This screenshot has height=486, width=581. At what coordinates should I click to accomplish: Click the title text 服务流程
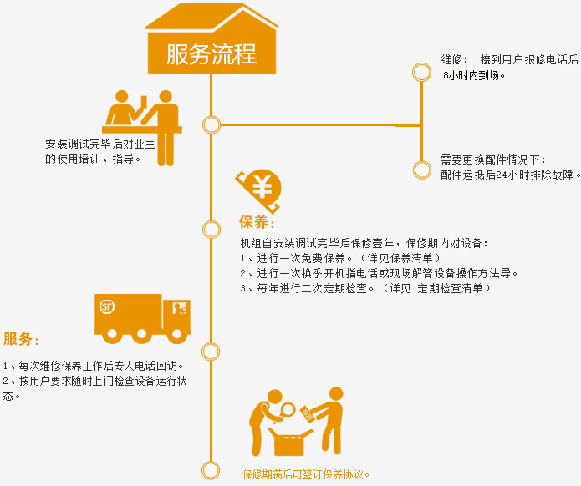tap(212, 53)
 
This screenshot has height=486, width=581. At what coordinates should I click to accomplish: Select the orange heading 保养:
tap(257, 223)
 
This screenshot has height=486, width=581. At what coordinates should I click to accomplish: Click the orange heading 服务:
tap(21, 340)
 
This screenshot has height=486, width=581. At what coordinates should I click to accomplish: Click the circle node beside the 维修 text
tap(422, 73)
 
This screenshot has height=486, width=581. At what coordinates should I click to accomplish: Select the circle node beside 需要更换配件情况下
tap(422, 170)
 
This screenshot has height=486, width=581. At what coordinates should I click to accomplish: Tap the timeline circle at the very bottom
tap(212, 469)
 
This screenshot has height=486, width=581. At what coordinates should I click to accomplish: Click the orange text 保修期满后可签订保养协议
tap(306, 474)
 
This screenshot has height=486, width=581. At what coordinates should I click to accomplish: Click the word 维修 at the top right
tap(452, 60)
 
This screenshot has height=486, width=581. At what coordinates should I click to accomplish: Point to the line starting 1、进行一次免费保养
tap(339, 258)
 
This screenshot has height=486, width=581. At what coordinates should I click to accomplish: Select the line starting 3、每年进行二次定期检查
tap(364, 288)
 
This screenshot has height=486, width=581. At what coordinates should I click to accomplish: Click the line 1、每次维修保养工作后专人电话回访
tap(94, 366)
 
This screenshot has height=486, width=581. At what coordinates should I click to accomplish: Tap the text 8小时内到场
tap(474, 75)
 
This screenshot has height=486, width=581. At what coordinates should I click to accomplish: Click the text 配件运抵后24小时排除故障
tap(510, 175)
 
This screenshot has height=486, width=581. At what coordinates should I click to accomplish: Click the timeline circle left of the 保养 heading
tap(212, 227)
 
